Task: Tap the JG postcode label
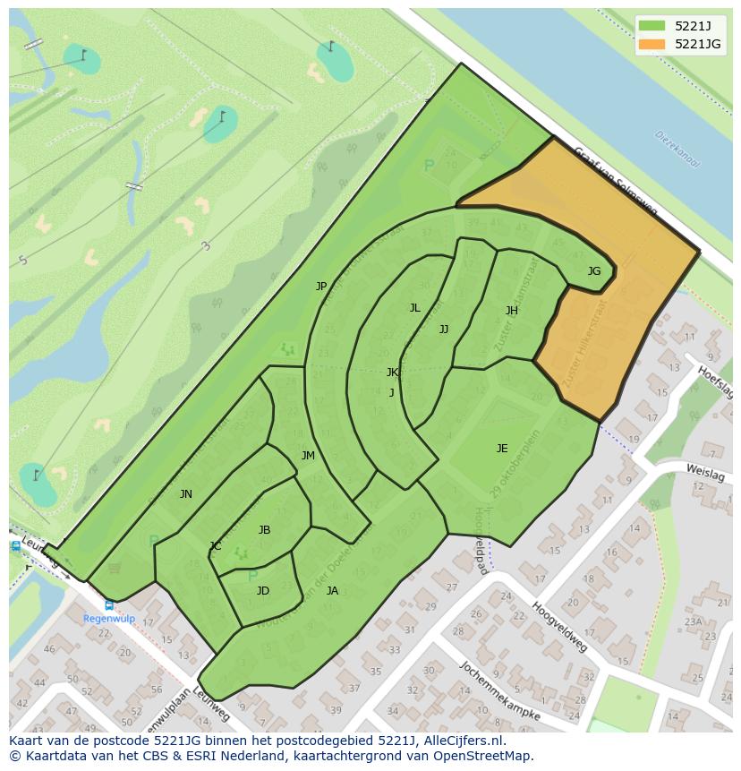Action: point(594,270)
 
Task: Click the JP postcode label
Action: point(321,287)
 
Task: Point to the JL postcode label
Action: point(414,308)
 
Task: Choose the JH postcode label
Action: point(512,311)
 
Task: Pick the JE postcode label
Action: point(502,449)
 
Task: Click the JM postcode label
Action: point(308,456)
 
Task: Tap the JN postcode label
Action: point(186,494)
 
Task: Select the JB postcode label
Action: point(264,530)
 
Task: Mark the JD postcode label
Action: point(263,591)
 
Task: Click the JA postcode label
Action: point(332,591)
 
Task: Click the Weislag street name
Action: point(705,472)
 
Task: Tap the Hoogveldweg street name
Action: point(559,626)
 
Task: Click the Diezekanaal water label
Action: point(677,150)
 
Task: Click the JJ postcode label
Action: point(444,330)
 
